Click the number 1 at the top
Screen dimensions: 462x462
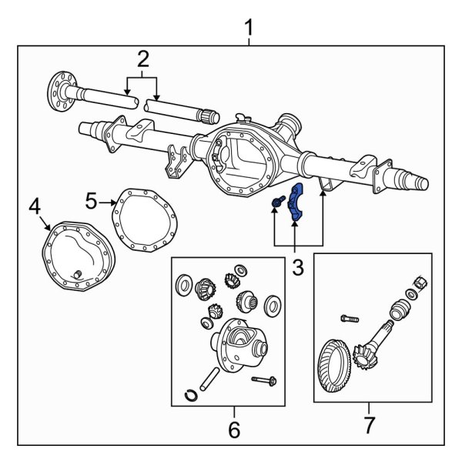(249, 28)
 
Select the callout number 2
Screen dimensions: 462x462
(142, 58)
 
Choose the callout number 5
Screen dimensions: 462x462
(92, 202)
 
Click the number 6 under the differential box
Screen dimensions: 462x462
(235, 427)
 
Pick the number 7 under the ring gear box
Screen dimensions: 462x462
(369, 425)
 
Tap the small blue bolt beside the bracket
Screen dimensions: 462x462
(277, 203)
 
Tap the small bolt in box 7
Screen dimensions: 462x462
(349, 316)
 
